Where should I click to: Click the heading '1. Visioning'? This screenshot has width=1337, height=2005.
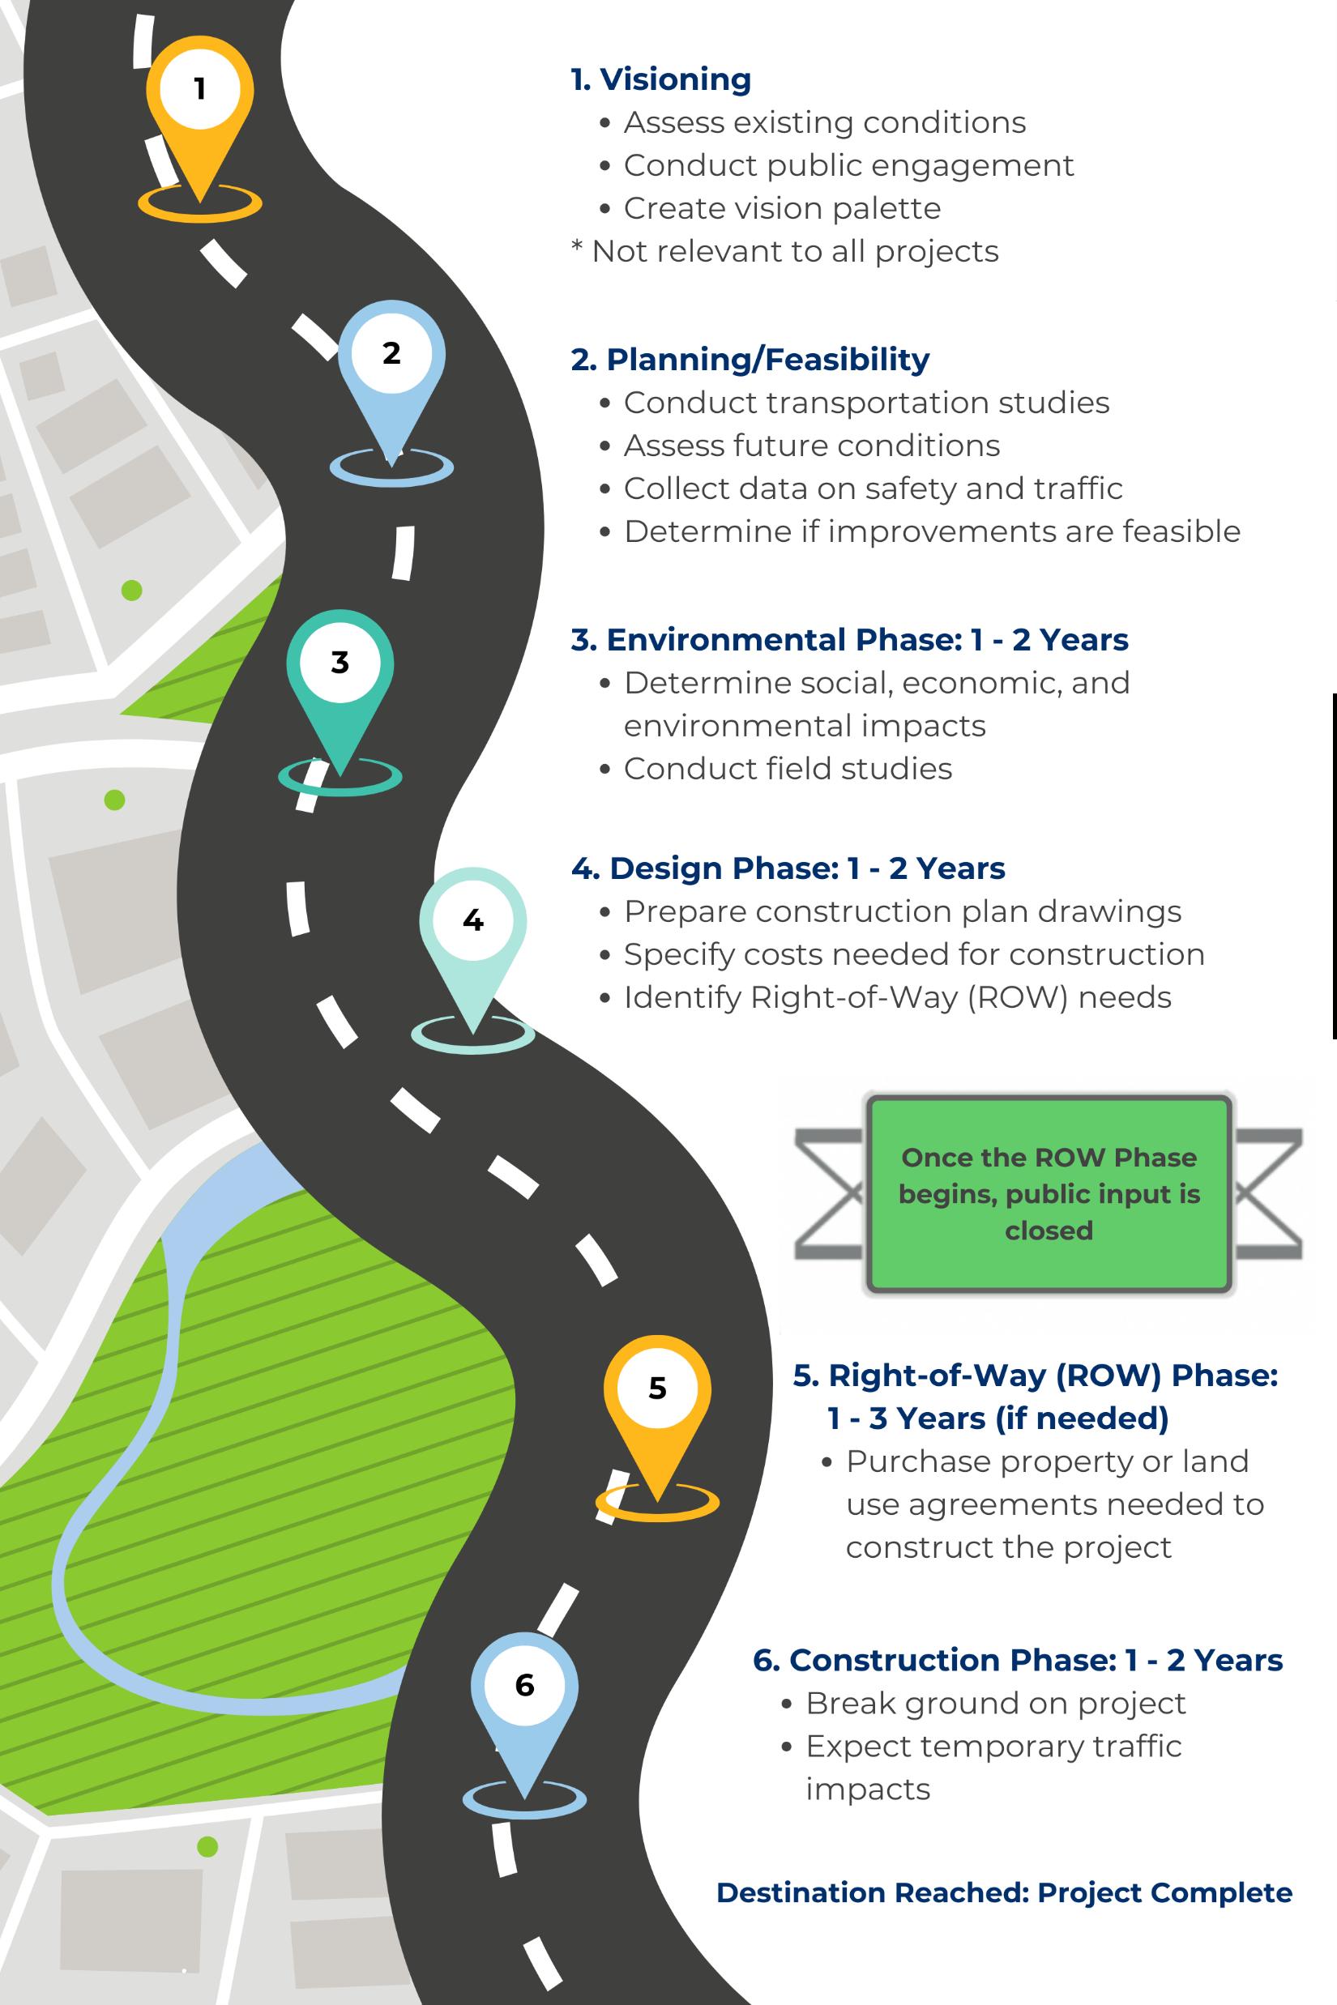661,79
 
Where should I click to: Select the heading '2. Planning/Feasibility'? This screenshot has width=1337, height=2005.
750,360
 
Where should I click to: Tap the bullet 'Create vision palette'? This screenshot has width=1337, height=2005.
782,208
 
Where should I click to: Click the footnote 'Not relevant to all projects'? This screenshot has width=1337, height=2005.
794,251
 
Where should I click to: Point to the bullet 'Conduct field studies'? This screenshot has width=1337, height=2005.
788,769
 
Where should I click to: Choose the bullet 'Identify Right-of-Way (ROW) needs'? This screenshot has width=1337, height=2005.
897,997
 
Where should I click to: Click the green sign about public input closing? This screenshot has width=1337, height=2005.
1049,1193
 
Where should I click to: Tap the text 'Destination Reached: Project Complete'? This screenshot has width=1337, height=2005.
1004,1892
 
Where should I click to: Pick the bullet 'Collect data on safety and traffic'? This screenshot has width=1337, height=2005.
872,488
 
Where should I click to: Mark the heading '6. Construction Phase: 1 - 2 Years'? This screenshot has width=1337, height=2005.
1017,1661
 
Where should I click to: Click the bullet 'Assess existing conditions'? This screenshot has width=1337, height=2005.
825,123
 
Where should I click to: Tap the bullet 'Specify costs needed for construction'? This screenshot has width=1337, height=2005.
914,955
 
